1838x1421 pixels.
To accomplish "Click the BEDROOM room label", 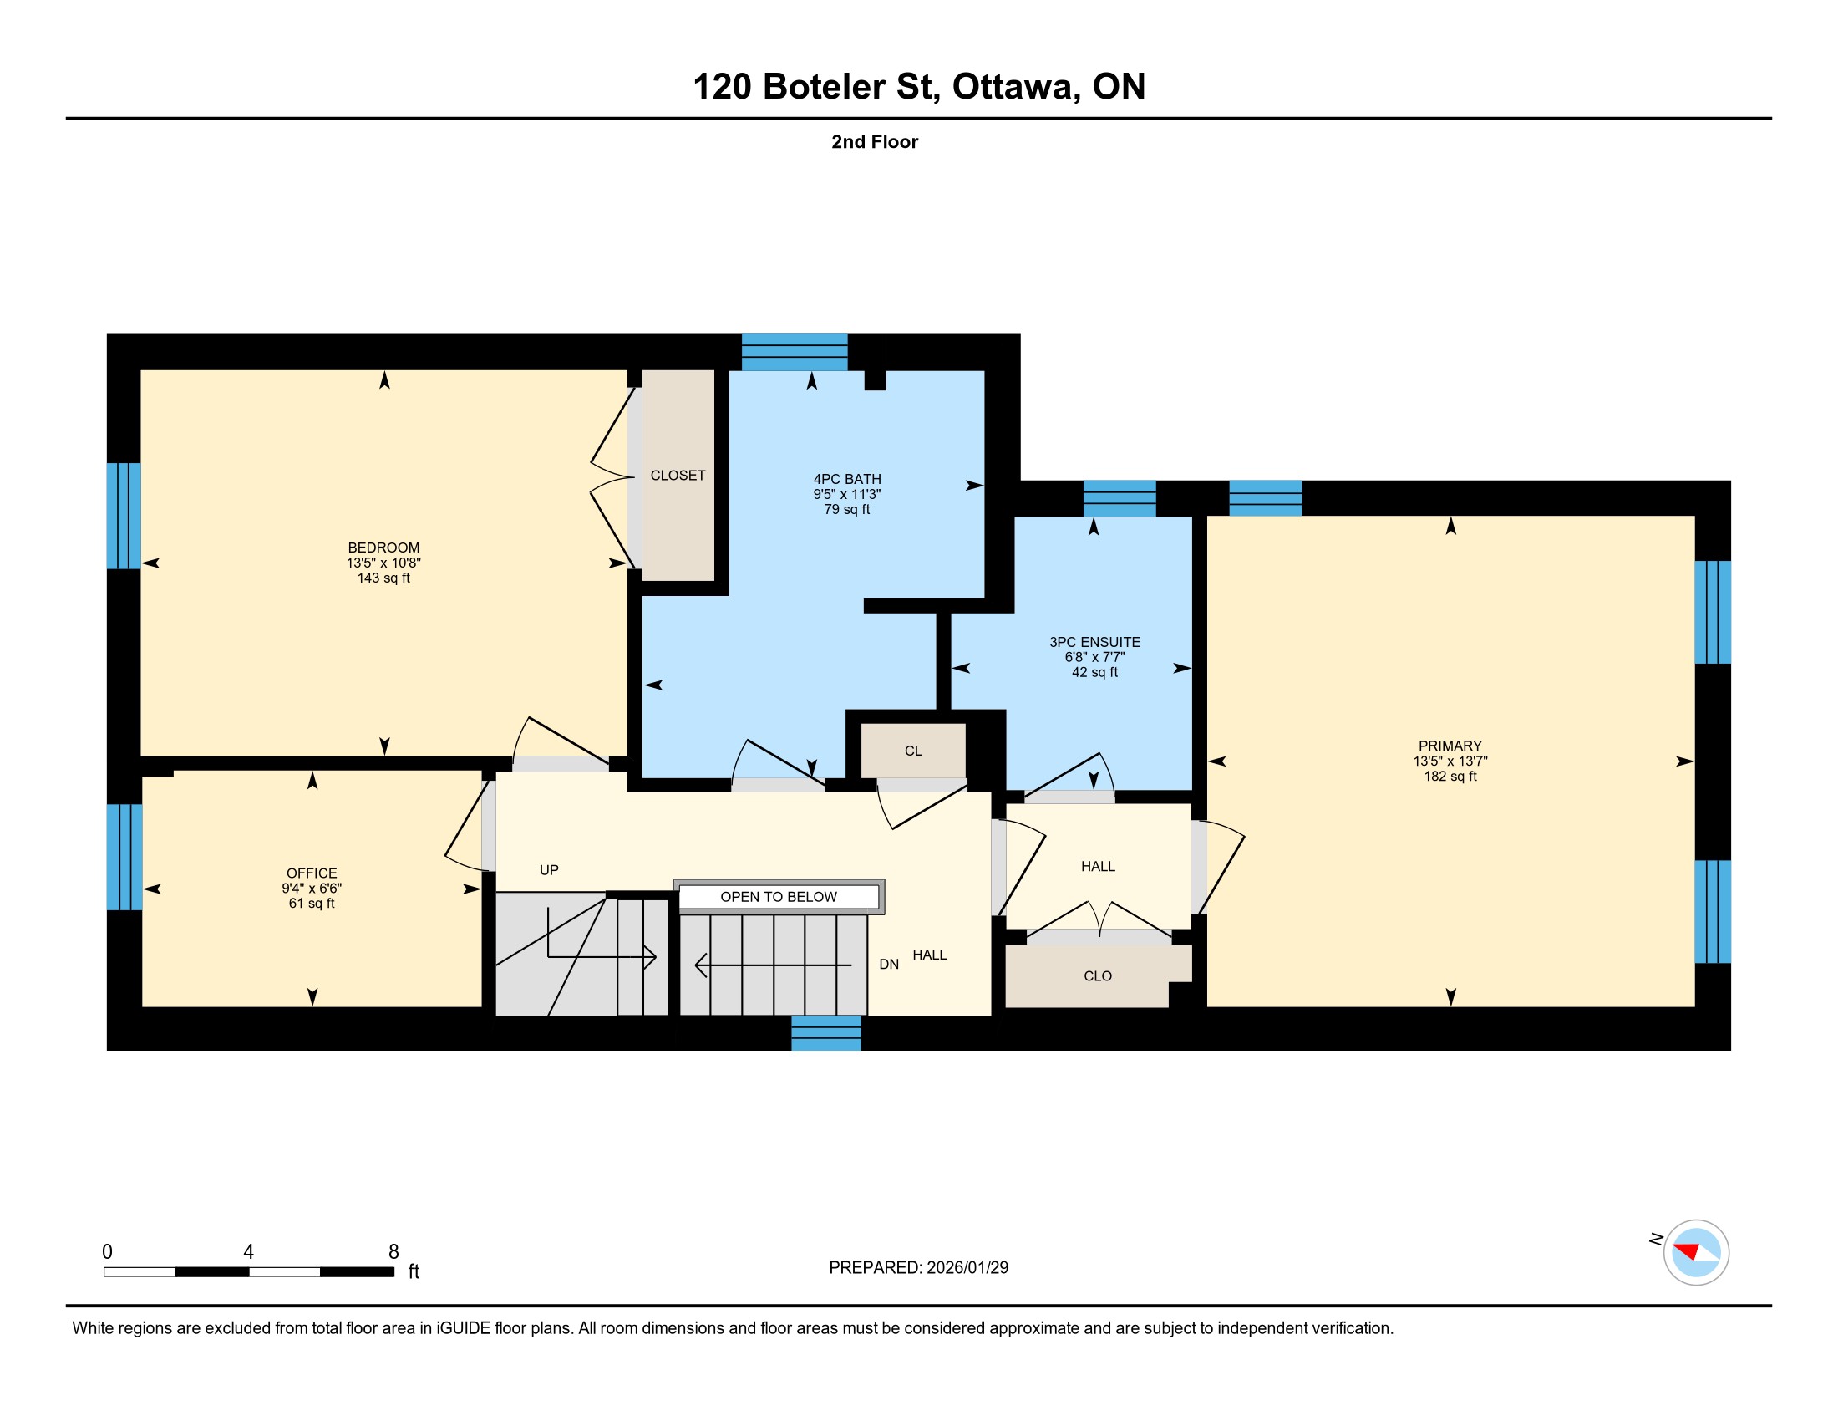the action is click(383, 548).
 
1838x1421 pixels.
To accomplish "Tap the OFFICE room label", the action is click(312, 873).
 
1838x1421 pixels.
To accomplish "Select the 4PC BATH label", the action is click(846, 479).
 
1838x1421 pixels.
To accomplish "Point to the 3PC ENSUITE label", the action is click(1094, 641).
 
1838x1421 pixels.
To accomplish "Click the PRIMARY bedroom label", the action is click(1450, 746).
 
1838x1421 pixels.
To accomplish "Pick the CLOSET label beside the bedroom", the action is click(678, 476).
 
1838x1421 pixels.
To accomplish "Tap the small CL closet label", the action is click(913, 751).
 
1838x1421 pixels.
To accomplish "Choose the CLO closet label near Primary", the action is click(1098, 975).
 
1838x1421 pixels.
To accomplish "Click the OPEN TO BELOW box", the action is click(779, 897).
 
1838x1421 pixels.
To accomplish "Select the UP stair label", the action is click(549, 869).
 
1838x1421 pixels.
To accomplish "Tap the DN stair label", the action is click(889, 964).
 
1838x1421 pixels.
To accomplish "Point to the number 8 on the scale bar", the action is click(393, 1251).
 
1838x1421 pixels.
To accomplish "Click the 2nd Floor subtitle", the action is click(875, 141).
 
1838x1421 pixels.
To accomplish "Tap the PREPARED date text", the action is click(918, 1267).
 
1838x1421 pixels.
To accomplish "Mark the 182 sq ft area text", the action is click(1450, 777).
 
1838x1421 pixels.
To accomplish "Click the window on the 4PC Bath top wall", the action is click(795, 352).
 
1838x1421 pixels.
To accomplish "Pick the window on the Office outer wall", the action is click(124, 857).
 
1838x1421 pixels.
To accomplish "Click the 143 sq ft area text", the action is click(383, 578).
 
